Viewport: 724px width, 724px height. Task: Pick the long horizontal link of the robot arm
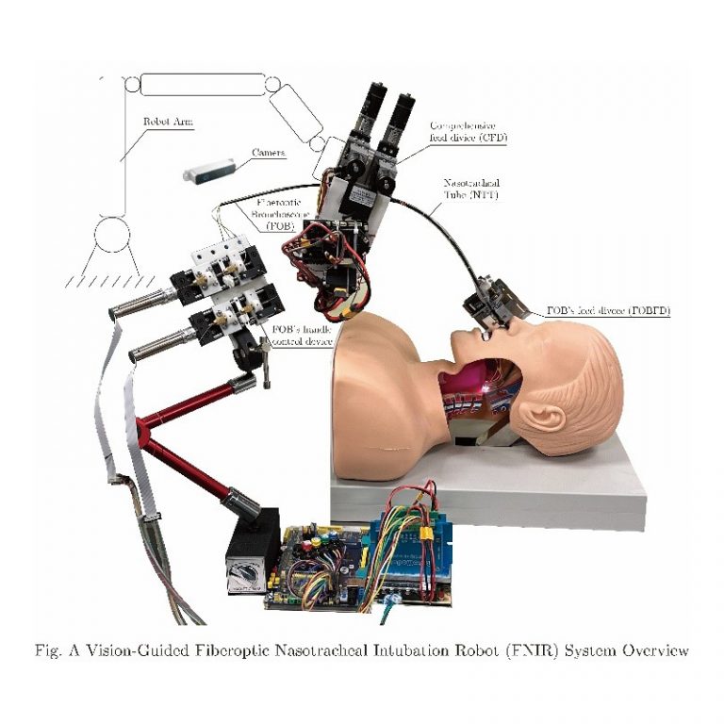202,86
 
